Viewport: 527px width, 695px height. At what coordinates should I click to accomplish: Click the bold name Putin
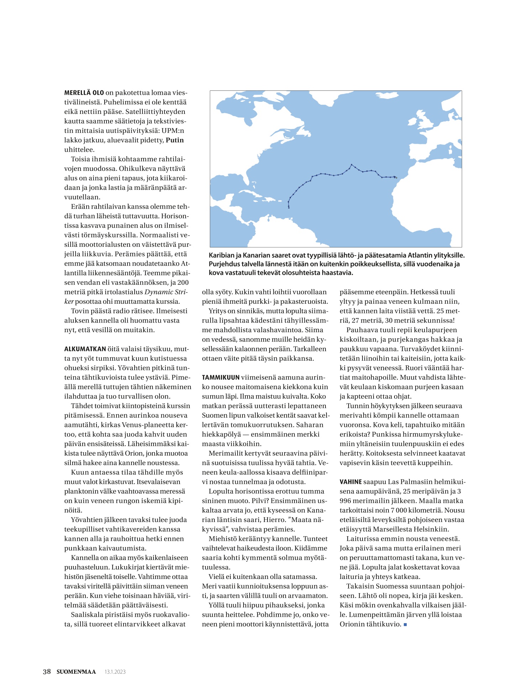point(174,140)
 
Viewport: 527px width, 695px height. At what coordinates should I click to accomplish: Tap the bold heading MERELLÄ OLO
point(84,93)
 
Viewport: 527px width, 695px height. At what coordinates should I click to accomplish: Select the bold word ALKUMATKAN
point(85,349)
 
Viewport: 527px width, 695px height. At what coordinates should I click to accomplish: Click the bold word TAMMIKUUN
point(220,377)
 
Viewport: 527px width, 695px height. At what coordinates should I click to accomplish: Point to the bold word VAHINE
point(350,482)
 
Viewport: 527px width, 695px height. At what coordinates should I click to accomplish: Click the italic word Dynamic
point(159,292)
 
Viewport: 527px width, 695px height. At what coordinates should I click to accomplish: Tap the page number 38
point(47,672)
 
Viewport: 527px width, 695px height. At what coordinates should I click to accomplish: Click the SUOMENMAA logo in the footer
point(76,672)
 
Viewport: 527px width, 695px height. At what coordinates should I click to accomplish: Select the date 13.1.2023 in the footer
point(115,672)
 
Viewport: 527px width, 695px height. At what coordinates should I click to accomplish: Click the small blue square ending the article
point(405,625)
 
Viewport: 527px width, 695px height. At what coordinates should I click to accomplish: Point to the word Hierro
point(273,520)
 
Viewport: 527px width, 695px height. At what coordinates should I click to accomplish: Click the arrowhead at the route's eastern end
point(396,177)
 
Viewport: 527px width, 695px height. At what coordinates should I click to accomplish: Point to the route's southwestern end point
point(289,208)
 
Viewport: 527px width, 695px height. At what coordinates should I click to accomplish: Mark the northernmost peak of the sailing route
point(351,164)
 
